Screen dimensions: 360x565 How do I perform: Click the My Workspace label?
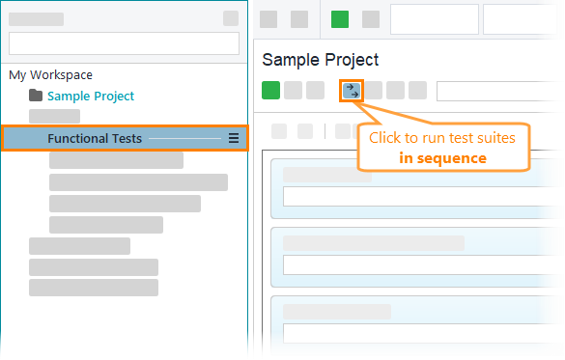tap(50, 74)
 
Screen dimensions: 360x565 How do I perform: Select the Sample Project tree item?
tap(91, 96)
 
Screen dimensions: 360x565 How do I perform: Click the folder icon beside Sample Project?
tap(37, 96)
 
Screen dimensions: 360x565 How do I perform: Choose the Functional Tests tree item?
tap(95, 139)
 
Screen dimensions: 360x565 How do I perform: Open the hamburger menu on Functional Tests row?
tap(234, 139)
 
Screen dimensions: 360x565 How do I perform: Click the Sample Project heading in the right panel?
tap(321, 60)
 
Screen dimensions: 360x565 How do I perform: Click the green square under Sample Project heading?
tap(270, 91)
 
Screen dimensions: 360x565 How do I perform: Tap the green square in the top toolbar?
tap(340, 19)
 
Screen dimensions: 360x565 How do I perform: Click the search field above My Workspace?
tap(124, 43)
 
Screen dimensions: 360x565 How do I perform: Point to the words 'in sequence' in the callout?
tap(443, 157)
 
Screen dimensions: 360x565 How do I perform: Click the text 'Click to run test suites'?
tap(442, 138)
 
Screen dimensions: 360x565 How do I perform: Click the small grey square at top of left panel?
tap(230, 18)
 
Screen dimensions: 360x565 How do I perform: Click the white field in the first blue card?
tap(422, 197)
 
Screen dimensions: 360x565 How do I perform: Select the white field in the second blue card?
tap(422, 264)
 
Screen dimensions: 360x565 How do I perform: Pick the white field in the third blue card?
tap(422, 333)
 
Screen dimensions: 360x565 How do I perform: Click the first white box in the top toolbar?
tap(434, 19)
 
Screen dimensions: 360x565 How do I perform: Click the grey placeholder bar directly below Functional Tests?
tap(116, 160)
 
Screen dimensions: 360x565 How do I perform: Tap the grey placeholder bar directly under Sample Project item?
tap(55, 117)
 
